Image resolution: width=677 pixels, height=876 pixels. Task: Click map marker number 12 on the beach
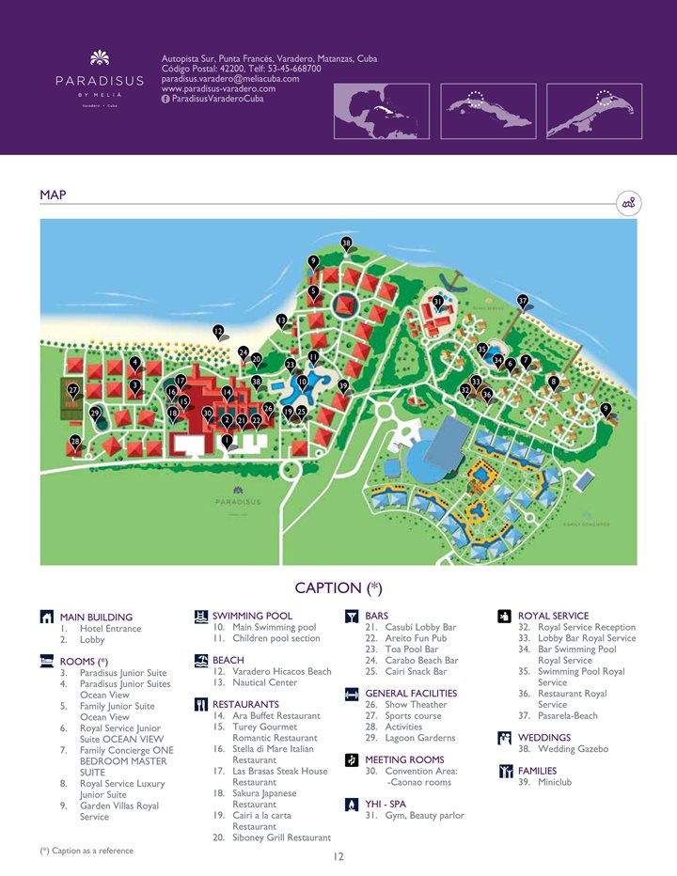tap(218, 331)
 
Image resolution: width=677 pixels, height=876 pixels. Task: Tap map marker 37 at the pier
tap(523, 301)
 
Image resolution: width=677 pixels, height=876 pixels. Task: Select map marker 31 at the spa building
tap(438, 302)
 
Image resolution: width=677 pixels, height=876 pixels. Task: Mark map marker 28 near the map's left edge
tap(75, 441)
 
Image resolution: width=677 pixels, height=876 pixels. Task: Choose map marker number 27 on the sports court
tap(72, 389)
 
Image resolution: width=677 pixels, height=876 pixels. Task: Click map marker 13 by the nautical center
tap(281, 321)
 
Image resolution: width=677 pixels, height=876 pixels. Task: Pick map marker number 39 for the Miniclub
tap(343, 385)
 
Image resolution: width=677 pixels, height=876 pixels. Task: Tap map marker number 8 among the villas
tap(554, 382)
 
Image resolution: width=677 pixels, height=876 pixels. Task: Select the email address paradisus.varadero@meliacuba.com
tap(230, 79)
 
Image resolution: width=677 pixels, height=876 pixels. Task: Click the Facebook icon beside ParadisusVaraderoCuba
tap(166, 100)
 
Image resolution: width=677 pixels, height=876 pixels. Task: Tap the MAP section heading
tap(53, 195)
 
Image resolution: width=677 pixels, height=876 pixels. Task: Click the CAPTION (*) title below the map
tap(338, 588)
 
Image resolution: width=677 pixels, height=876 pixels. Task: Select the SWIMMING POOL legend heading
tap(252, 616)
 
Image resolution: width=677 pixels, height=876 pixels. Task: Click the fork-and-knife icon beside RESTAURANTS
tap(200, 704)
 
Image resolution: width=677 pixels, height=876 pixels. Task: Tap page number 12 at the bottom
tap(338, 856)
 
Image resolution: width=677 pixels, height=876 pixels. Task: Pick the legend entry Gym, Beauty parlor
tap(414, 815)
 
